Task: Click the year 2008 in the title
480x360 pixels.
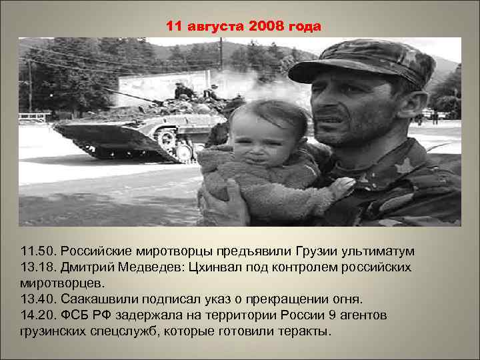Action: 267,27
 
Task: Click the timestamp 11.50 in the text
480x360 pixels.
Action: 37,252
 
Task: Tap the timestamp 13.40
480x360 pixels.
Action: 37,299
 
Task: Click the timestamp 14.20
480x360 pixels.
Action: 37,315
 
